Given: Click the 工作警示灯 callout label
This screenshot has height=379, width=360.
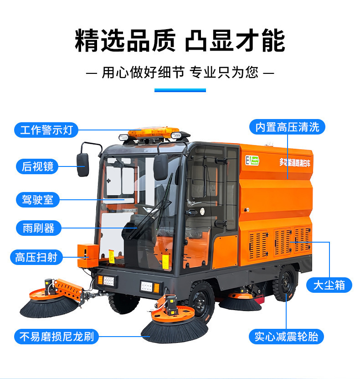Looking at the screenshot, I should (46, 130).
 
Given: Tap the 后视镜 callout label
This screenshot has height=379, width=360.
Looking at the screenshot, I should (37, 166).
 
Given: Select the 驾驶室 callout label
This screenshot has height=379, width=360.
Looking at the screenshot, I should (37, 199).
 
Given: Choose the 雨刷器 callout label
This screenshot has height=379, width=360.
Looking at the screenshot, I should (38, 228).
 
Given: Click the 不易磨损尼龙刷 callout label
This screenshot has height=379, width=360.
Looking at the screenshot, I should (57, 337).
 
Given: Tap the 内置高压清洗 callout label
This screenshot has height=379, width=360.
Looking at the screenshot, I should (287, 127).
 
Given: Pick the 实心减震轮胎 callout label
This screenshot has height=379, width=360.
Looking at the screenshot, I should (287, 337).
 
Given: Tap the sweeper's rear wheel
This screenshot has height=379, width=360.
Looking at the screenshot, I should (285, 284).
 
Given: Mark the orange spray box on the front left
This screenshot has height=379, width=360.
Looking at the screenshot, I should (87, 255).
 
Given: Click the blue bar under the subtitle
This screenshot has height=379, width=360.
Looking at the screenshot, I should (180, 90).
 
